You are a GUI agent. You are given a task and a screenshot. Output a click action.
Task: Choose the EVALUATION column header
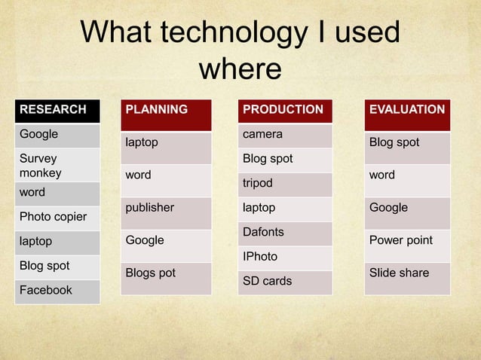[x=407, y=110]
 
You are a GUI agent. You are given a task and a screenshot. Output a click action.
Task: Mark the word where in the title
[x=240, y=69]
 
